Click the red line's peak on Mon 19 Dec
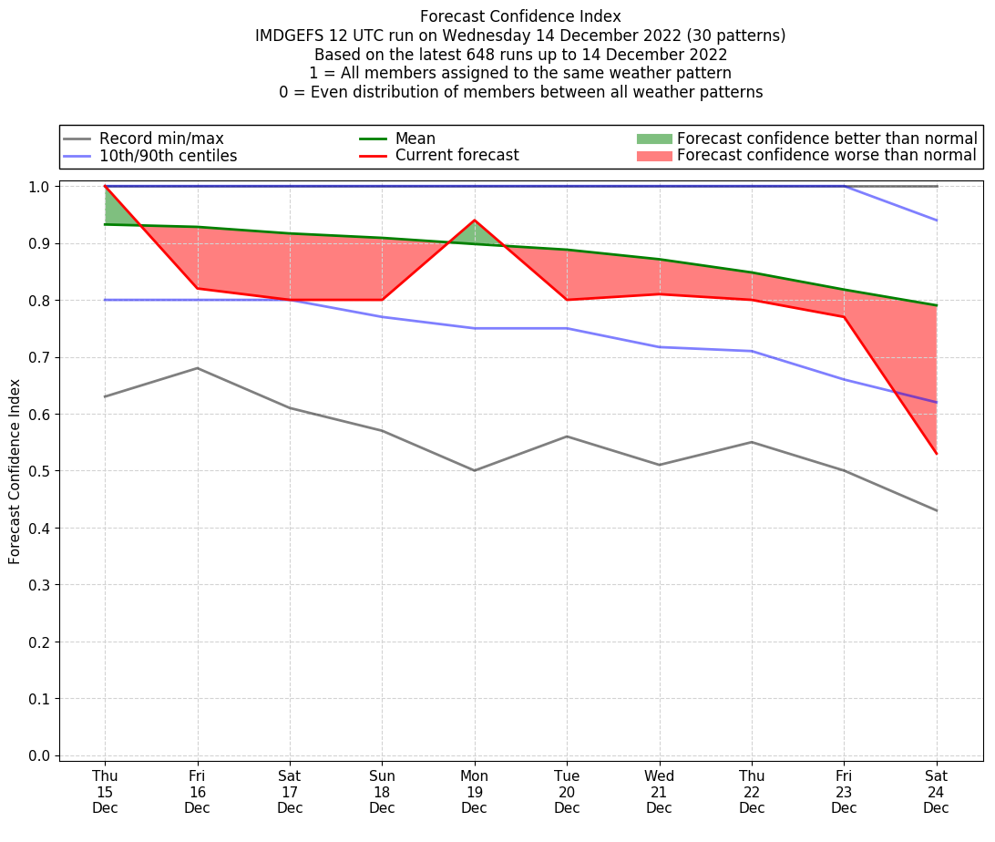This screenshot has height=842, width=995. [x=474, y=221]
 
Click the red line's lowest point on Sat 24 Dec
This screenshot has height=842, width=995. [x=936, y=453]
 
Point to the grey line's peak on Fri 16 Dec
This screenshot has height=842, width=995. [x=198, y=368]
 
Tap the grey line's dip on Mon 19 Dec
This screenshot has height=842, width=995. [x=474, y=470]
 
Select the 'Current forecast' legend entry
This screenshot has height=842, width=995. [x=456, y=156]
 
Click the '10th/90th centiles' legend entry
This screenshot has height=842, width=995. [x=168, y=156]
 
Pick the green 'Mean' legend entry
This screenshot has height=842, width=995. [x=415, y=139]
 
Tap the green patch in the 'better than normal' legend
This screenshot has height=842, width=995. [x=653, y=139]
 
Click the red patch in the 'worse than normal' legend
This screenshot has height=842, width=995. [x=653, y=156]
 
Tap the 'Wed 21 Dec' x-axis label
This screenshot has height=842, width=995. [x=659, y=791]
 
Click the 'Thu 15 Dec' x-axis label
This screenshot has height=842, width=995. [x=105, y=791]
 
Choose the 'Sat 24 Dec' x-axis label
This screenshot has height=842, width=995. [x=936, y=791]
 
